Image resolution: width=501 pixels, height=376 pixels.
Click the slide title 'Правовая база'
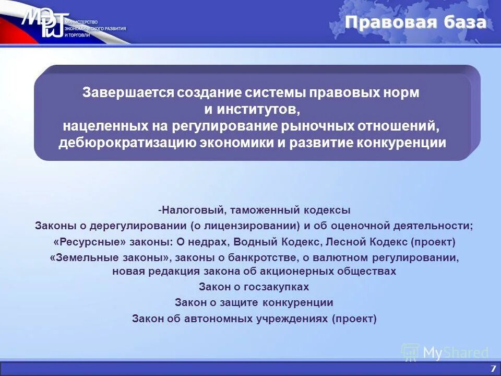pos(415,22)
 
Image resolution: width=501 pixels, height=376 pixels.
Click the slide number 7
pos(492,368)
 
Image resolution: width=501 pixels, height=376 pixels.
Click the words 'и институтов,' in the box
pos(253,109)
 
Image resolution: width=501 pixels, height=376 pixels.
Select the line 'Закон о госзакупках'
pos(254,287)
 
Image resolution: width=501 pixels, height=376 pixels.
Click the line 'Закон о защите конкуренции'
pos(254,302)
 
